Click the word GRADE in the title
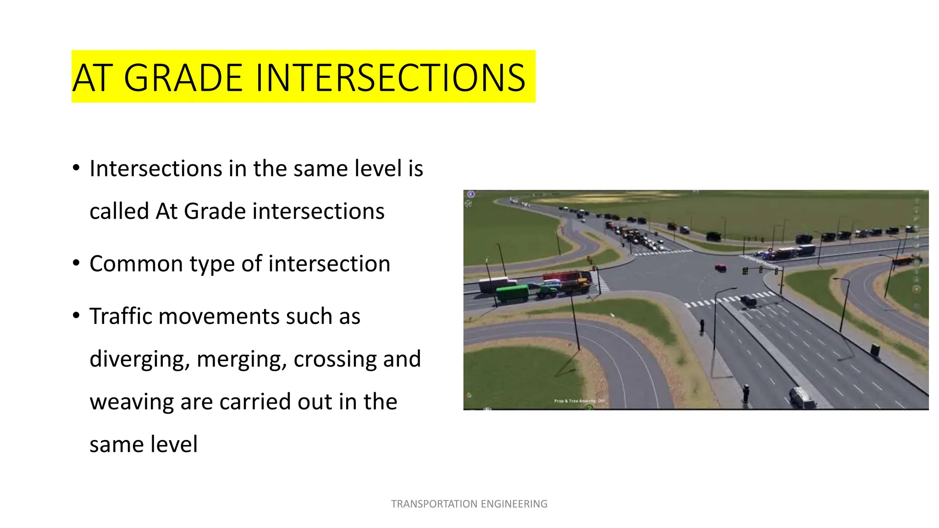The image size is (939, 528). point(183,78)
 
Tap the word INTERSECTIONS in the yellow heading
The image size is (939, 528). point(390,78)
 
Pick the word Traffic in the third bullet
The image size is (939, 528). point(120,316)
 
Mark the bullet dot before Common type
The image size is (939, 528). point(76,263)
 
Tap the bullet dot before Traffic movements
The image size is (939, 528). point(76,315)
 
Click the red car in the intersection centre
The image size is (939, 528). point(720,268)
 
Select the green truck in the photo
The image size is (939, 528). point(513,293)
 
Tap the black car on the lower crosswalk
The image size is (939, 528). point(748,301)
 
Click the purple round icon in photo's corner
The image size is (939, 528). point(470,194)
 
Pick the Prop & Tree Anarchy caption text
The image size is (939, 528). point(579,401)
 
